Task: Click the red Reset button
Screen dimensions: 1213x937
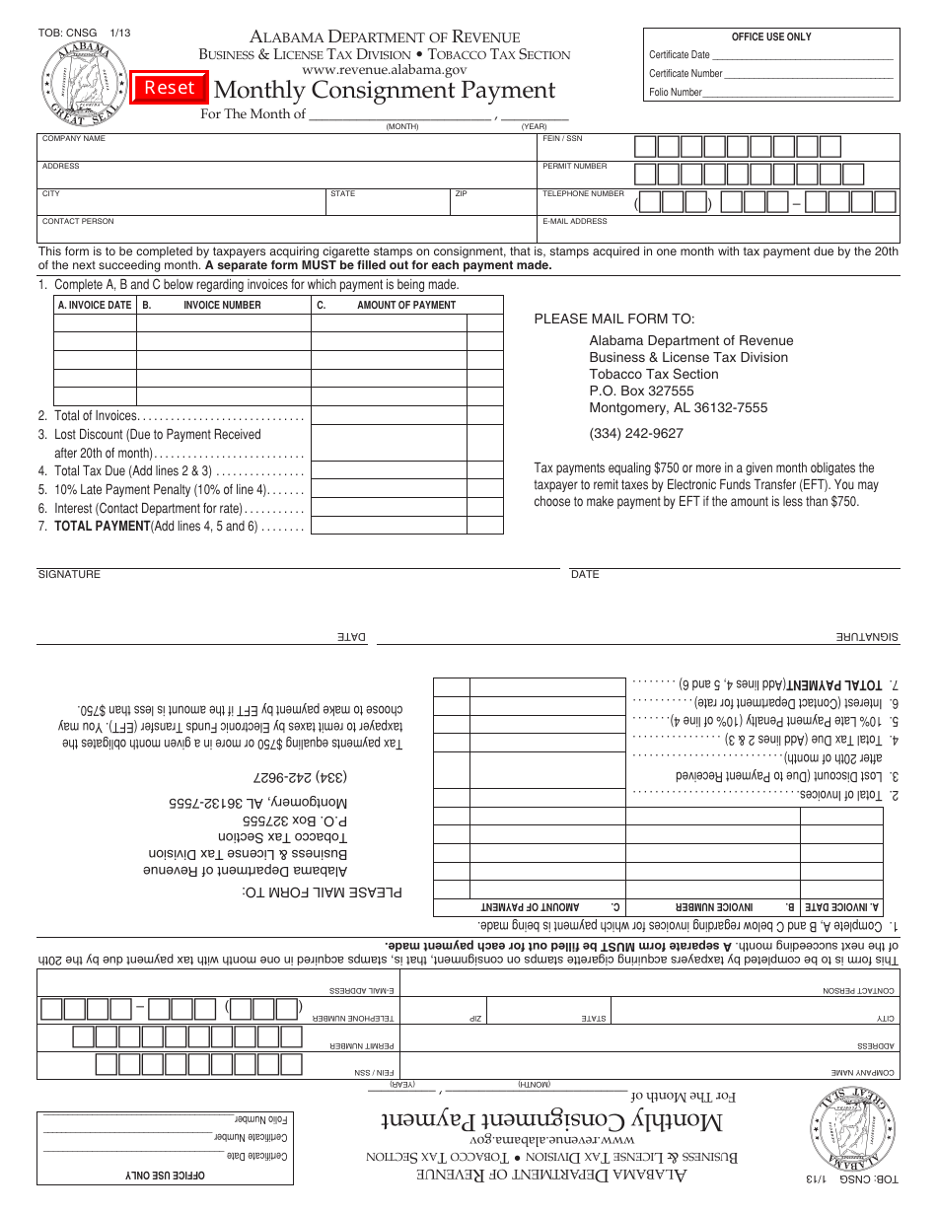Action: [170, 88]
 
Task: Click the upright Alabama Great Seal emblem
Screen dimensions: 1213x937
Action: [83, 83]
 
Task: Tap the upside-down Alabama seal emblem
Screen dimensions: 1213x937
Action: [853, 1131]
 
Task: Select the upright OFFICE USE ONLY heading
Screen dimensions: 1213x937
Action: [771, 36]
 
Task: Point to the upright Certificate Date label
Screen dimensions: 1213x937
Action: [680, 55]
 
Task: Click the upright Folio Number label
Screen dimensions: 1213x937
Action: [676, 93]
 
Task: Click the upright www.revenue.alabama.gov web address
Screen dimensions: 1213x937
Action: [385, 70]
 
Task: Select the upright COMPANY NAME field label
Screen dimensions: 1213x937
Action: [74, 139]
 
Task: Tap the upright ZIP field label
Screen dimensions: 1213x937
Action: [461, 194]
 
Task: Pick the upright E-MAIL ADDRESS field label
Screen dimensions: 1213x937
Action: [574, 222]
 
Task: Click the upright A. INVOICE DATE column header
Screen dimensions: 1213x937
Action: [95, 305]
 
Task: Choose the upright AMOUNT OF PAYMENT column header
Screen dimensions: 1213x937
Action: [406, 305]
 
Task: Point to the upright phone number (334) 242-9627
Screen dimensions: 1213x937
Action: [636, 433]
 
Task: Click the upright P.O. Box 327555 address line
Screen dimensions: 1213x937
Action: [641, 391]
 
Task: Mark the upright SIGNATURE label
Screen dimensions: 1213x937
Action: [69, 574]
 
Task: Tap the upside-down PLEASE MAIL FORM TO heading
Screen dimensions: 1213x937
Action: [323, 892]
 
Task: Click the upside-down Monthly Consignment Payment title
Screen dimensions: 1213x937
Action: [552, 1121]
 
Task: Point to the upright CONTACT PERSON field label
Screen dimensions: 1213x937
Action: [78, 222]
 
